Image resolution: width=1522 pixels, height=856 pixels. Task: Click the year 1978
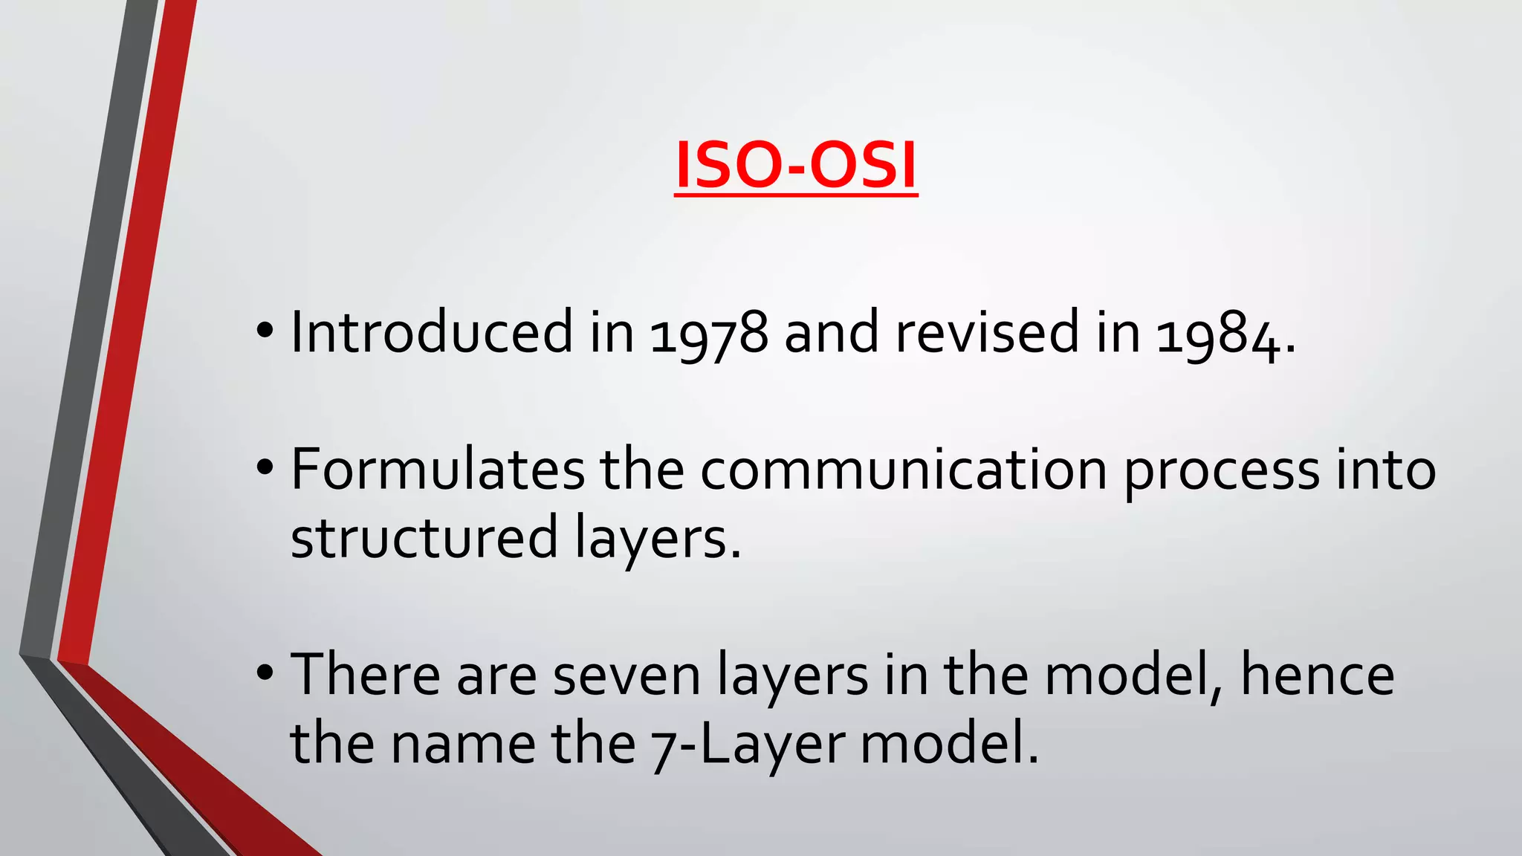pyautogui.click(x=709, y=333)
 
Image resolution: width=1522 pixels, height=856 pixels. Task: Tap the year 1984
pyautogui.click(x=1219, y=333)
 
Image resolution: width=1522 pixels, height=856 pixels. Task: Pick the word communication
pyautogui.click(x=904, y=470)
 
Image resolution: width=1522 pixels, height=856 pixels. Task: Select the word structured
pyautogui.click(x=424, y=538)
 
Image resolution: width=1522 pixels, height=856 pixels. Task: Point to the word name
pyautogui.click(x=464, y=745)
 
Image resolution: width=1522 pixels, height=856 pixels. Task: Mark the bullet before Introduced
pyautogui.click(x=265, y=329)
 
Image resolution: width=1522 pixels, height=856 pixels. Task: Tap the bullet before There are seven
pyautogui.click(x=265, y=673)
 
